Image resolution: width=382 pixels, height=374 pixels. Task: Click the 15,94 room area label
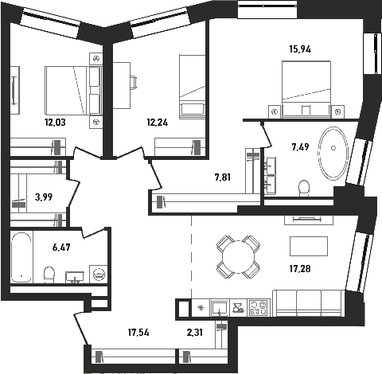[300, 49]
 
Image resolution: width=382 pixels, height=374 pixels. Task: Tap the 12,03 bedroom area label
[55, 123]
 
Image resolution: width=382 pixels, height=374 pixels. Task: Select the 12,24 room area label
[158, 123]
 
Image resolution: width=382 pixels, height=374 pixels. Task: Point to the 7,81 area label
[223, 177]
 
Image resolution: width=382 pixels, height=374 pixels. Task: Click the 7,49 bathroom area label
[300, 146]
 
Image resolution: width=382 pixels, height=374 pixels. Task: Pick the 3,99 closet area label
[44, 197]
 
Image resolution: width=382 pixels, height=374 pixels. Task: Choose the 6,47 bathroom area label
[61, 247]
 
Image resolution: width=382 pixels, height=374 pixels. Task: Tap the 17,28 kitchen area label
[300, 269]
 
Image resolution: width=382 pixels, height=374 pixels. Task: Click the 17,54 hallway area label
[138, 333]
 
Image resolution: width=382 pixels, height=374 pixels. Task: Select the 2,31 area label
[195, 333]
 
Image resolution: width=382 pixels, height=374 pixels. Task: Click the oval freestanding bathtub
[333, 154]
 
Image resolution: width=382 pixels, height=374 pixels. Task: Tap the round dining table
[239, 257]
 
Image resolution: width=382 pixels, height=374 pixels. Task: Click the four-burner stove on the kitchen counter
[259, 308]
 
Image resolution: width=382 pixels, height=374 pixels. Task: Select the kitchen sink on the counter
[220, 308]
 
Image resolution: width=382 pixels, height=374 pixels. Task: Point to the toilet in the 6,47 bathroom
[49, 275]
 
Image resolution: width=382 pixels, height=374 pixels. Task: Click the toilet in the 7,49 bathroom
[304, 189]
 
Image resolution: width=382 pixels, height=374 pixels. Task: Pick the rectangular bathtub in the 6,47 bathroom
[21, 258]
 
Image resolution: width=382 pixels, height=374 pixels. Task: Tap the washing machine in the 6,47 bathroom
[99, 274]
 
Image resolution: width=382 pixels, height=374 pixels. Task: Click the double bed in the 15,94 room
[306, 89]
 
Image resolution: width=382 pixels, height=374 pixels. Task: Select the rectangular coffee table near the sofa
[309, 246]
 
